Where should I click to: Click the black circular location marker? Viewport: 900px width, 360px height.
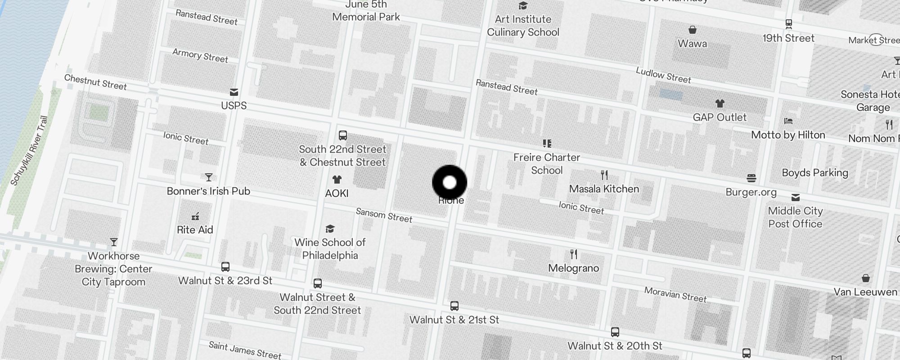tap(450, 182)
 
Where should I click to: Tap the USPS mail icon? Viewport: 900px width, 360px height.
tap(234, 92)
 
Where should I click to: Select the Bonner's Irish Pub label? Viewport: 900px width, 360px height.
tap(208, 191)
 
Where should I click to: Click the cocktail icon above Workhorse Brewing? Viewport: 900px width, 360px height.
tap(114, 243)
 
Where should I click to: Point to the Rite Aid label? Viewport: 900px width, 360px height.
tap(195, 230)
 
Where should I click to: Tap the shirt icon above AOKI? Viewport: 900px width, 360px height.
tap(337, 180)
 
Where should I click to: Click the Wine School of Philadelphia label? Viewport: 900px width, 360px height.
tap(330, 249)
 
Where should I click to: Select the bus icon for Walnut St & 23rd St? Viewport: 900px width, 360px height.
tap(225, 267)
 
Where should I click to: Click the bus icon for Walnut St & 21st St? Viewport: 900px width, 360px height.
tap(454, 306)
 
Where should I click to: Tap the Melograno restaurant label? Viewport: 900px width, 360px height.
tap(573, 268)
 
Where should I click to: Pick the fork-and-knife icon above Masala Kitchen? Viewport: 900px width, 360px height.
tap(604, 175)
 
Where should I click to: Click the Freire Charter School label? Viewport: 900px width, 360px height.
tap(547, 164)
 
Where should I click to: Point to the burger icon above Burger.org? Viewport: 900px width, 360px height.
tap(751, 178)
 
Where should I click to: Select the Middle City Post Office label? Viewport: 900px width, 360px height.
tap(795, 217)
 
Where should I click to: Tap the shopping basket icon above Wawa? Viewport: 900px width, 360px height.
tap(693, 30)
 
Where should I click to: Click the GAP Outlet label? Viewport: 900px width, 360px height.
tap(720, 117)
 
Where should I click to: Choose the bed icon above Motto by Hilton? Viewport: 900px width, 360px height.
tap(788, 121)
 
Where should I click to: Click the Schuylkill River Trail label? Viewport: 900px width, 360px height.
tap(29, 151)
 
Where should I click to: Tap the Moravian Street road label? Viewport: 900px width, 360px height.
tap(675, 294)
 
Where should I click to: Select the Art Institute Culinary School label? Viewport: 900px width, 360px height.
tap(523, 26)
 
